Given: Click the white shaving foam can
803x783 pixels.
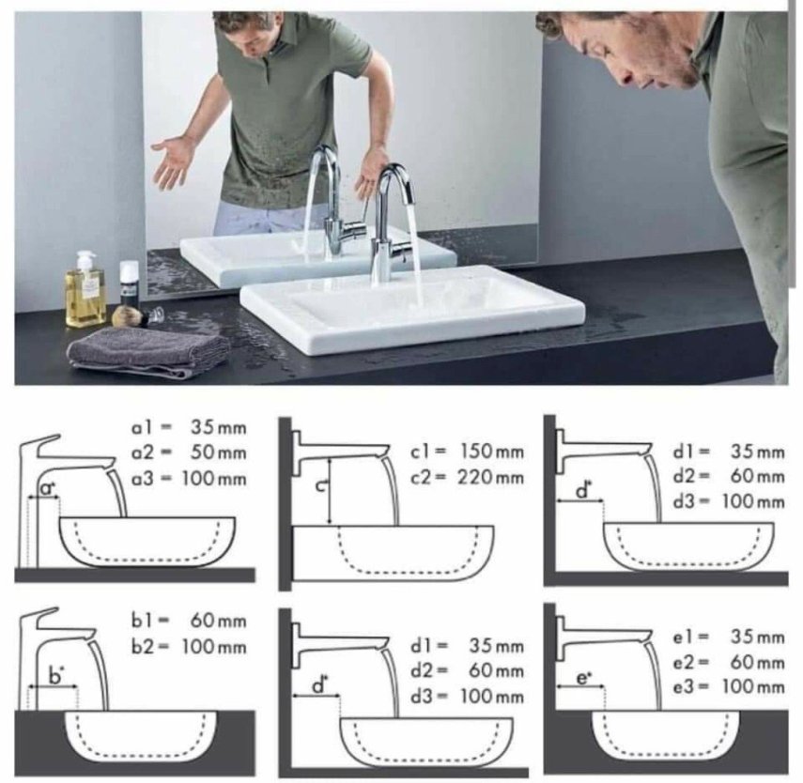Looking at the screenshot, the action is (x=129, y=284).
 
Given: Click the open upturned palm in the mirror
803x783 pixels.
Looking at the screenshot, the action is (x=173, y=159).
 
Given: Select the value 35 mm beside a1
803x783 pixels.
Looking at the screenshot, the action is (x=219, y=426).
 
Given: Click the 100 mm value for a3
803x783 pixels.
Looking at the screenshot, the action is (x=214, y=479).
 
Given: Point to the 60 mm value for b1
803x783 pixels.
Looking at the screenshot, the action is (x=219, y=621).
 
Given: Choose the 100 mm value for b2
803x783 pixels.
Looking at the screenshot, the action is (x=214, y=646).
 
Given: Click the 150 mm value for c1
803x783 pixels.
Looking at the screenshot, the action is (x=492, y=452).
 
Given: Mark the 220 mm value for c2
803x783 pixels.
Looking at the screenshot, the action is (x=491, y=477).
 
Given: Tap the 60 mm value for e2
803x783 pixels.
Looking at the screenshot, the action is (x=757, y=662).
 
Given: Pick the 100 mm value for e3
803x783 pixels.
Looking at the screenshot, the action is (x=753, y=686).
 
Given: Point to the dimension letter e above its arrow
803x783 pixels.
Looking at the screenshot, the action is (x=583, y=678).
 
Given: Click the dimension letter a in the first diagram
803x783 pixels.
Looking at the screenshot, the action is (x=47, y=489).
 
